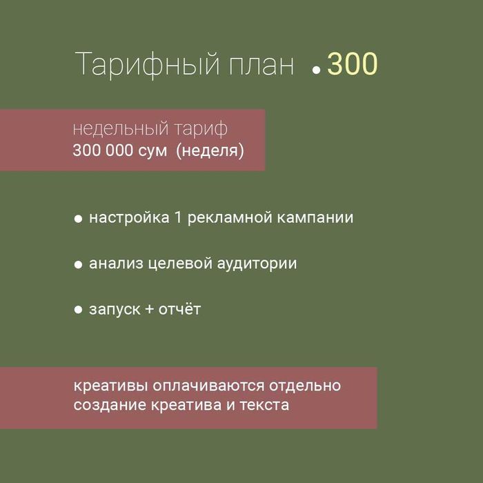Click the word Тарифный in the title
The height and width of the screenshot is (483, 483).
tap(145, 65)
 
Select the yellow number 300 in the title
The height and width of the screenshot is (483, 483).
tap(353, 64)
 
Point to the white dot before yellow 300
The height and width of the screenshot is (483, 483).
tap(317, 70)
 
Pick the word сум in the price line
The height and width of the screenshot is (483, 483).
tap(151, 150)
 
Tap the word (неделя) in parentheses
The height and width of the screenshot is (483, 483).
tap(210, 150)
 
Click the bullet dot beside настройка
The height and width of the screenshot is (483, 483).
tap(79, 219)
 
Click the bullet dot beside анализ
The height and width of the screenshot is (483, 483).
tap(79, 264)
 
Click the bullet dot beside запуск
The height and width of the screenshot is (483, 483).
tap(79, 310)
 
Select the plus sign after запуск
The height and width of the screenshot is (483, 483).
tap(150, 309)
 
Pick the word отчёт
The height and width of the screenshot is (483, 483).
tap(180, 309)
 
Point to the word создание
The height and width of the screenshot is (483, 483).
tap(108, 405)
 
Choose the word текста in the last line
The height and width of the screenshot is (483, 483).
tap(265, 405)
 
